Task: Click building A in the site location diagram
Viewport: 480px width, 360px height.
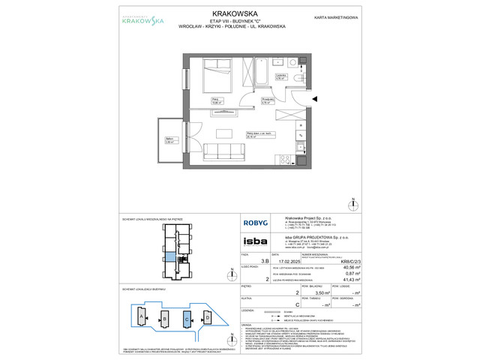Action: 140,318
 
